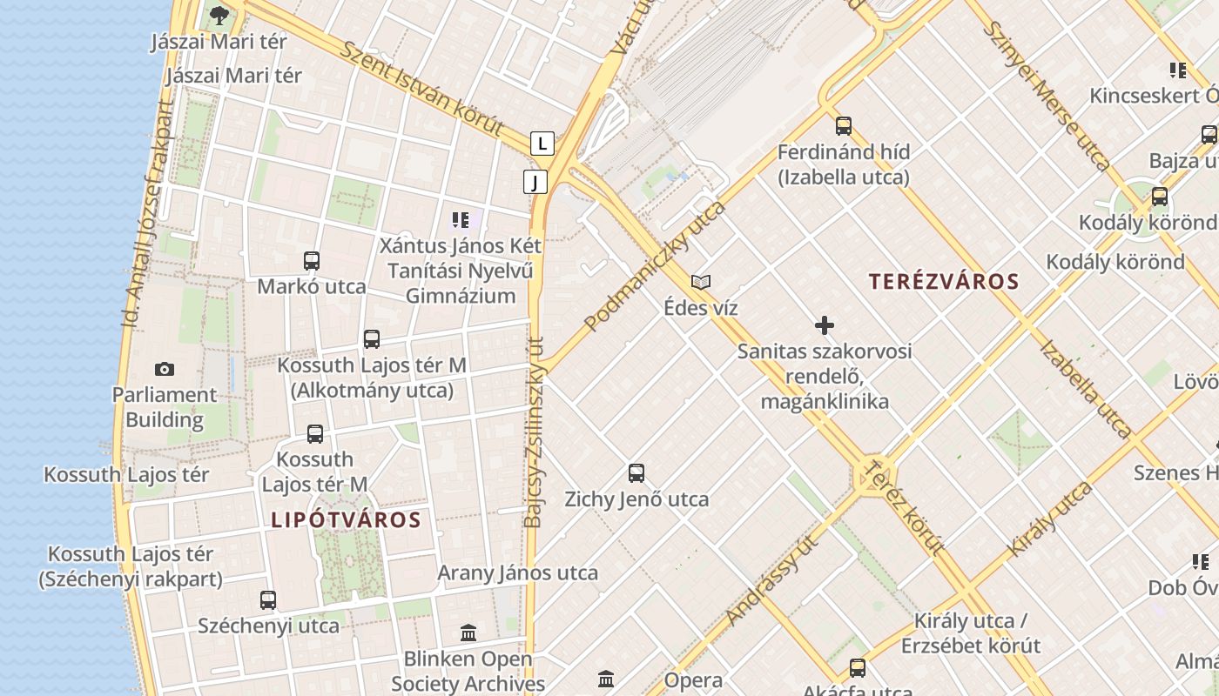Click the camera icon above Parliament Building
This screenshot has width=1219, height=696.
pos(164,370)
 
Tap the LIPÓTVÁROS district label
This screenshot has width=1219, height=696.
pos(346,520)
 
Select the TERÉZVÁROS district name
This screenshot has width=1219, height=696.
pos(944,282)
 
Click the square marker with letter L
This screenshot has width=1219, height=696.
pos(542,143)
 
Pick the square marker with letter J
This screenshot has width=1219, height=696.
pos(535,182)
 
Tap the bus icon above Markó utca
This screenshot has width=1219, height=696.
pos(311,260)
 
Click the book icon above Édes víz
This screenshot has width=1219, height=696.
pos(701,282)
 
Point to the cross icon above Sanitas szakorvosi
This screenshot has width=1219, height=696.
pos(824,325)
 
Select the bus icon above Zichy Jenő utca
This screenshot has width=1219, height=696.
pos(636,473)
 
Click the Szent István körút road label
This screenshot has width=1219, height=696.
pos(421,89)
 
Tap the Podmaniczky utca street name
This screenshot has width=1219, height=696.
pos(655,266)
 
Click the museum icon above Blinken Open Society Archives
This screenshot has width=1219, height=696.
pos(468,632)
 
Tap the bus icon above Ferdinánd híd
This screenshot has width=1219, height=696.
pos(843,126)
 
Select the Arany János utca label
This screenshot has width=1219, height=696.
pos(517,572)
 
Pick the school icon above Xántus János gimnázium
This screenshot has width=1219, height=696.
pos(461,219)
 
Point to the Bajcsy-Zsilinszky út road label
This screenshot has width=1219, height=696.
pos(535,432)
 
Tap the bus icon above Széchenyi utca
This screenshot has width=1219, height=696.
pos(268,599)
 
